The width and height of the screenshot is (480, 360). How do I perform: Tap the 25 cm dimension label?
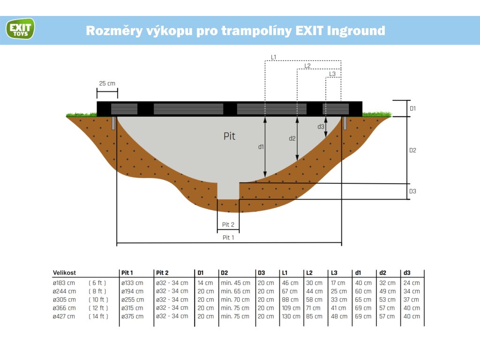107,83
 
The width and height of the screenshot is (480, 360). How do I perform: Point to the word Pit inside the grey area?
229,136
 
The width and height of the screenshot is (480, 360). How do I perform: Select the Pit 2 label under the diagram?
228,225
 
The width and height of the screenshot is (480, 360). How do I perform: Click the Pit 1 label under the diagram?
228,238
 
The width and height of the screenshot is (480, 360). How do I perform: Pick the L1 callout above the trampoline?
274,57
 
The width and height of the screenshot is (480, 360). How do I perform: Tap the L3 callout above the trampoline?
332,74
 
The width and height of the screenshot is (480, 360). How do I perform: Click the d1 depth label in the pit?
261,147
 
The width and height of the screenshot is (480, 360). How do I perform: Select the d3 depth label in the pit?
321,127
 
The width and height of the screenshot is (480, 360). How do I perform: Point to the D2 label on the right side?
413,150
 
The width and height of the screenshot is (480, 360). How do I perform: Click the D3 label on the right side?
413,191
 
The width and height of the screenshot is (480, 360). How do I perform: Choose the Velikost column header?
64,273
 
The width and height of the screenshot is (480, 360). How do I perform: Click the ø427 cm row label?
64,316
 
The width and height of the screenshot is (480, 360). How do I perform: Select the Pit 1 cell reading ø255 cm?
133,300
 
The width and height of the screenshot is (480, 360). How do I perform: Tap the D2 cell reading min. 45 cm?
235,283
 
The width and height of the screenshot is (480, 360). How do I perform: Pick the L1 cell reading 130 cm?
291,316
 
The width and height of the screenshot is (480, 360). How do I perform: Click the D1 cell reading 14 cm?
205,283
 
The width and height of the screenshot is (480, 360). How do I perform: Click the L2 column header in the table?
309,273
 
